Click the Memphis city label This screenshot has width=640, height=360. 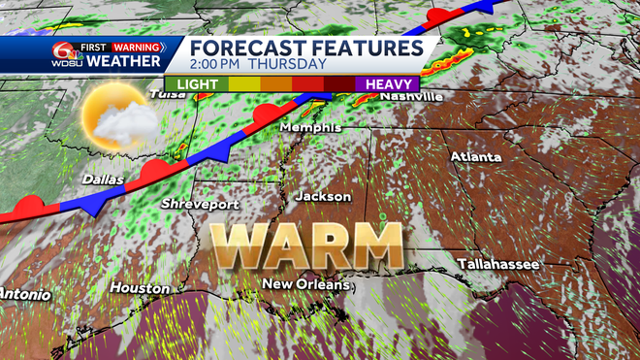pyautogui.click(x=309, y=128)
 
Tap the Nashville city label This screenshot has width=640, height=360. pyautogui.click(x=411, y=97)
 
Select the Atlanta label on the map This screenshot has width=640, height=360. pyautogui.click(x=475, y=156)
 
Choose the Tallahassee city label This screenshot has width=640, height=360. pyautogui.click(x=498, y=264)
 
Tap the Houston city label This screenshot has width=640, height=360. pyautogui.click(x=140, y=288)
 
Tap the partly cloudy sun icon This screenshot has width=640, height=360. pyautogui.click(x=116, y=120)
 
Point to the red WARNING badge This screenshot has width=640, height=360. pyautogui.click(x=135, y=46)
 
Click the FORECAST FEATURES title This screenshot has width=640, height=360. pyautogui.click(x=305, y=48)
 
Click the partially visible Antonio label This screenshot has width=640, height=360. pyautogui.click(x=19, y=293)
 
